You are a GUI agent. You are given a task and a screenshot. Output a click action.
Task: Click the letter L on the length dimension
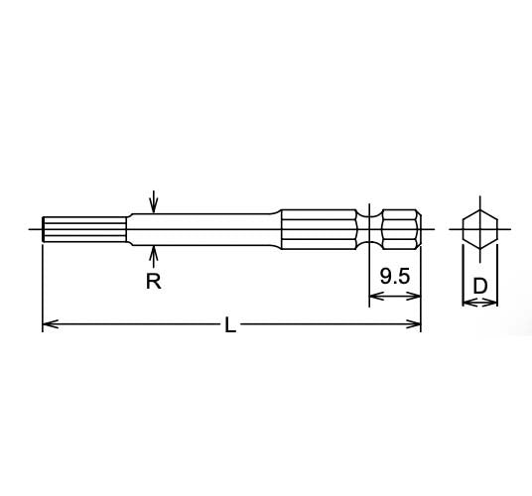click(230, 325)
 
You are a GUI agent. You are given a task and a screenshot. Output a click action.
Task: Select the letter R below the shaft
click(153, 281)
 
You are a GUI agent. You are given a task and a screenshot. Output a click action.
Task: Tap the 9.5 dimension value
click(395, 278)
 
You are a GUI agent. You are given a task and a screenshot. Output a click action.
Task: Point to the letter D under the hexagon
click(479, 286)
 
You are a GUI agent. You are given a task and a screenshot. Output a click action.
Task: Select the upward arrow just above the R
click(153, 249)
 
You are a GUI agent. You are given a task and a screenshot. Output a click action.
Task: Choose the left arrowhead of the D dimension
click(466, 303)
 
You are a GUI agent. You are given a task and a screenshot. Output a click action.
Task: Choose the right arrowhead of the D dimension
click(493, 303)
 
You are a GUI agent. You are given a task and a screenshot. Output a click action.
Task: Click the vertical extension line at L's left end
click(42, 288)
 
